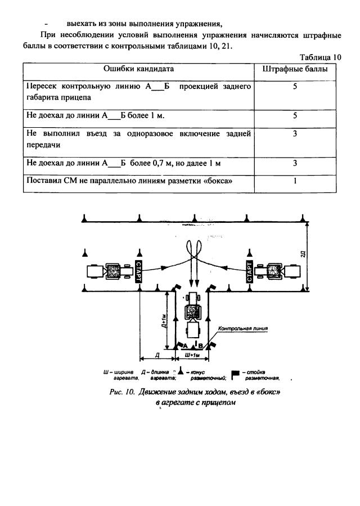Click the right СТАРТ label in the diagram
(247, 272)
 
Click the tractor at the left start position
(110, 272)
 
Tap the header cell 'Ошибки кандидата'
(138, 69)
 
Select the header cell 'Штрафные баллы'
(295, 69)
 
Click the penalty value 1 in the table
(295, 181)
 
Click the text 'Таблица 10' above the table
(320, 57)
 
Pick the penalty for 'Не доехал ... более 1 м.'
(295, 116)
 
